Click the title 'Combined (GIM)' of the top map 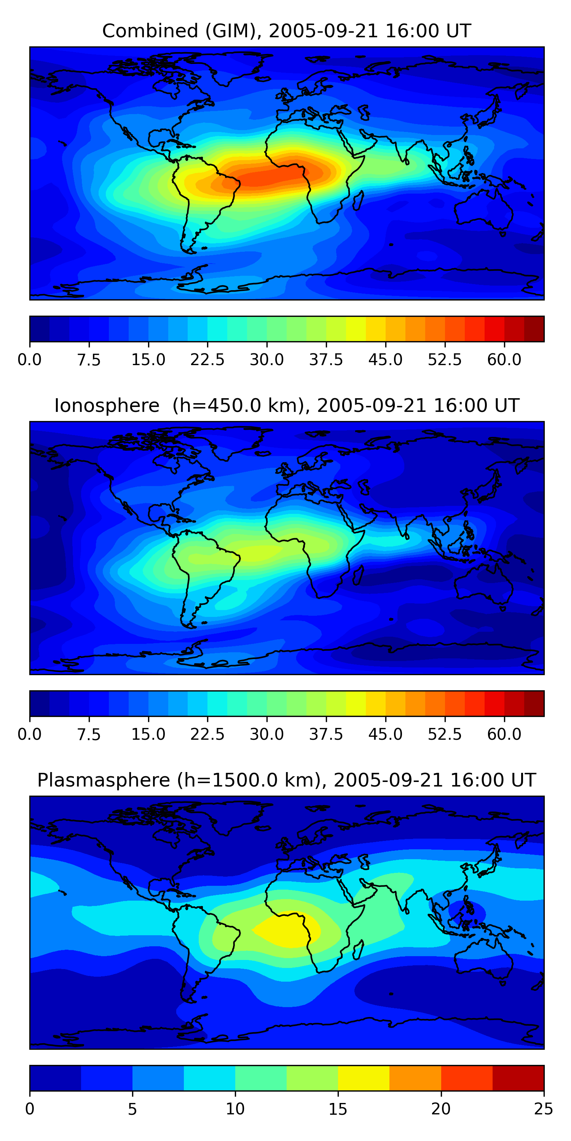pyautogui.click(x=181, y=31)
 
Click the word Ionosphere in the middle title pyautogui.click(x=107, y=406)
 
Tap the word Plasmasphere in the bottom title pyautogui.click(x=103, y=780)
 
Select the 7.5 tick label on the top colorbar pyautogui.click(x=89, y=360)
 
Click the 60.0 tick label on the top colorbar pyautogui.click(x=504, y=360)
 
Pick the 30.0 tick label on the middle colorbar pyautogui.click(x=266, y=734)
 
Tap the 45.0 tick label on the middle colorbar pyautogui.click(x=385, y=734)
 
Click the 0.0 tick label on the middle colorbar pyautogui.click(x=30, y=734)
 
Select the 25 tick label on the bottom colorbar pyautogui.click(x=544, y=1109)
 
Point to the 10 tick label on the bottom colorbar pyautogui.click(x=235, y=1109)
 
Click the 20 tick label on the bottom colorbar pyautogui.click(x=441, y=1109)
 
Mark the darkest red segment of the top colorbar pyautogui.click(x=534, y=329)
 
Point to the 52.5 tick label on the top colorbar pyautogui.click(x=445, y=360)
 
